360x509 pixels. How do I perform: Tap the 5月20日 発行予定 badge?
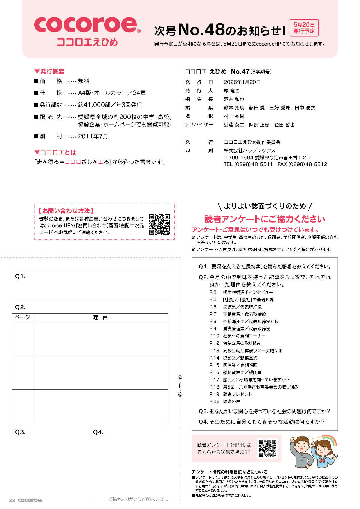(x=304, y=28)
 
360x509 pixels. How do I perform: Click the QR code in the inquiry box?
(x=159, y=224)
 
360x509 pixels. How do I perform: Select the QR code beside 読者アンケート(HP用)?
(x=267, y=448)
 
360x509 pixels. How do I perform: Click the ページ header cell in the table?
(x=22, y=317)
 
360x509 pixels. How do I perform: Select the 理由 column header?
(x=100, y=317)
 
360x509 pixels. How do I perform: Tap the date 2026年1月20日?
(x=242, y=82)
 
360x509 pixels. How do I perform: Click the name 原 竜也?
(x=231, y=91)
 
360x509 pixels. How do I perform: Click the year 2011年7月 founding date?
(x=93, y=136)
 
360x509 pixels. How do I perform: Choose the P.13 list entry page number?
(x=214, y=351)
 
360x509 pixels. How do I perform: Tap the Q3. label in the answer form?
(x=20, y=432)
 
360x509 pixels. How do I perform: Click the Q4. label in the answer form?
(x=98, y=432)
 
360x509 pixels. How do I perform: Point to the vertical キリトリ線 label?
(x=180, y=386)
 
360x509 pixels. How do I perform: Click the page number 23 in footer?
(x=12, y=500)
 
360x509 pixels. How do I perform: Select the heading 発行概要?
(x=52, y=71)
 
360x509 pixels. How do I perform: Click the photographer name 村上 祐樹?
(x=234, y=116)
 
